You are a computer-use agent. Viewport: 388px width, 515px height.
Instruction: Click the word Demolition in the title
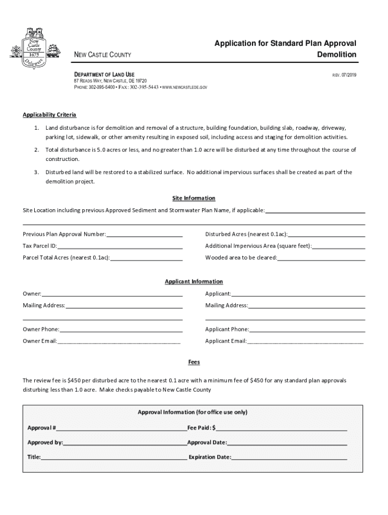click(337, 55)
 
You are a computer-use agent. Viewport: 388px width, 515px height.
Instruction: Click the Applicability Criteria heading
click(49, 115)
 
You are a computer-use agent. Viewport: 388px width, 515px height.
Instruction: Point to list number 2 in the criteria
click(37, 150)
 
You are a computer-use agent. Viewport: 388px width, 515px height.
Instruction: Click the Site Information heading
click(194, 198)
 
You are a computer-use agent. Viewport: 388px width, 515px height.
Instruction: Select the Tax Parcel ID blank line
click(119, 246)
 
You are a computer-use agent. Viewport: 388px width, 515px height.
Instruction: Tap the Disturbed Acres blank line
click(326, 234)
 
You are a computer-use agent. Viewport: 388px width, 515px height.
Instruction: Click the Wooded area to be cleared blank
click(321, 258)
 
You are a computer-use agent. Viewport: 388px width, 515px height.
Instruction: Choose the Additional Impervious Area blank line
click(338, 246)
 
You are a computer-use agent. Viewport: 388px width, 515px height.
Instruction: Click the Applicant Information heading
click(194, 282)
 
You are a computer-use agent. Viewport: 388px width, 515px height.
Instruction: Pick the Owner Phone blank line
click(120, 330)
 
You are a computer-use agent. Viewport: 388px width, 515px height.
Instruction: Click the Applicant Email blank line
click(305, 342)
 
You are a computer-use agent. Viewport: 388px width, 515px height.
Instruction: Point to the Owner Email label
click(39, 341)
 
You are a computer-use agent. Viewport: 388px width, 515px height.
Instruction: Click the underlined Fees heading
click(194, 362)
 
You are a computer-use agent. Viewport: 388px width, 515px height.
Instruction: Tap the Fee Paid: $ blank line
click(281, 428)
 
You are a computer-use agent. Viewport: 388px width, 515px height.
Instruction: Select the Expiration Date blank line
click(289, 458)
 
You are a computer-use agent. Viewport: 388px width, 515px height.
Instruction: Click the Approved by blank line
click(124, 443)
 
